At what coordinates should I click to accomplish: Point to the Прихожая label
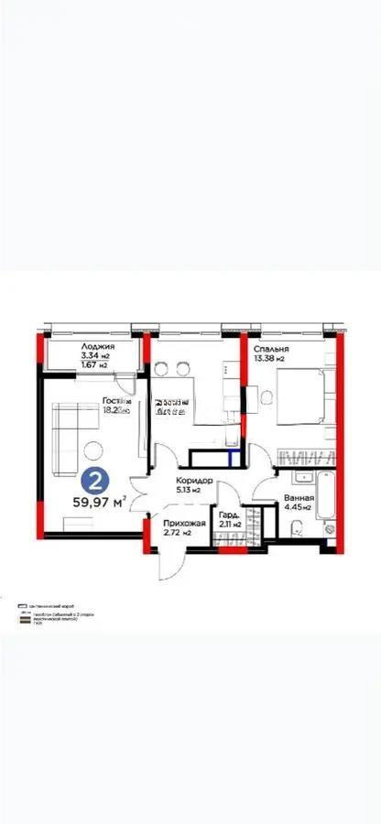[183, 523]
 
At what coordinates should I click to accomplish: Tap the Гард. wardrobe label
[229, 515]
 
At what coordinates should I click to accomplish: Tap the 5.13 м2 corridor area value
[190, 491]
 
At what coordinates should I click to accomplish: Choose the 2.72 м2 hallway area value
[177, 533]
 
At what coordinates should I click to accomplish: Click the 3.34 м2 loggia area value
[72, 356]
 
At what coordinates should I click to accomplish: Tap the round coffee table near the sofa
[94, 449]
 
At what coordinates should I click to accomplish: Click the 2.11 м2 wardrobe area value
[229, 526]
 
